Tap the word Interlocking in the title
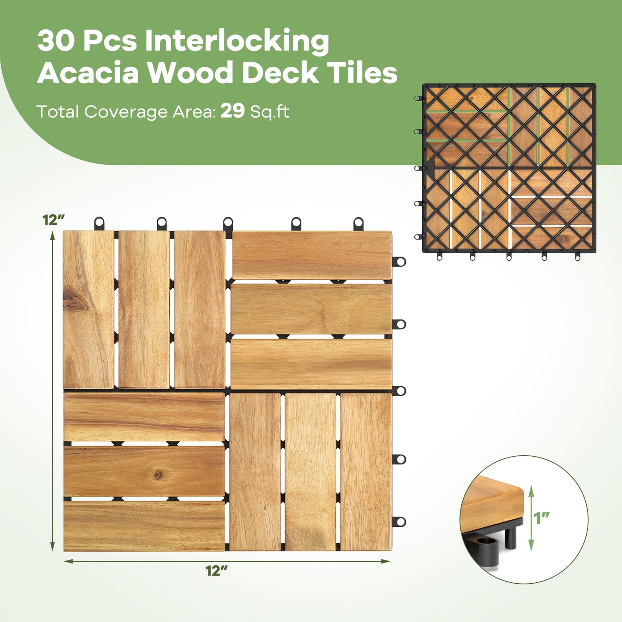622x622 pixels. click(x=237, y=41)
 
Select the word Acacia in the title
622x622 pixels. click(x=88, y=73)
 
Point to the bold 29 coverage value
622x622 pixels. click(x=232, y=111)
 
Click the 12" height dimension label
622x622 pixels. click(x=53, y=220)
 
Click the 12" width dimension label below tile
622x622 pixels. click(x=216, y=571)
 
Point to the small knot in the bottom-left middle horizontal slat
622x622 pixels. click(x=158, y=474)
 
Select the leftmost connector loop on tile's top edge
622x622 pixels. click(x=99, y=223)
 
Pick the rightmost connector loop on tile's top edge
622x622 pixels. click(x=358, y=223)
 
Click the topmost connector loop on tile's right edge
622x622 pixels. click(x=400, y=261)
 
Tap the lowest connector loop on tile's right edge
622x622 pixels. click(x=400, y=522)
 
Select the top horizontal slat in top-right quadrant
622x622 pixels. click(x=312, y=255)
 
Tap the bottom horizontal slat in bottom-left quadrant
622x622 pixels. click(x=144, y=526)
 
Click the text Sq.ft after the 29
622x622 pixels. click(x=270, y=112)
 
